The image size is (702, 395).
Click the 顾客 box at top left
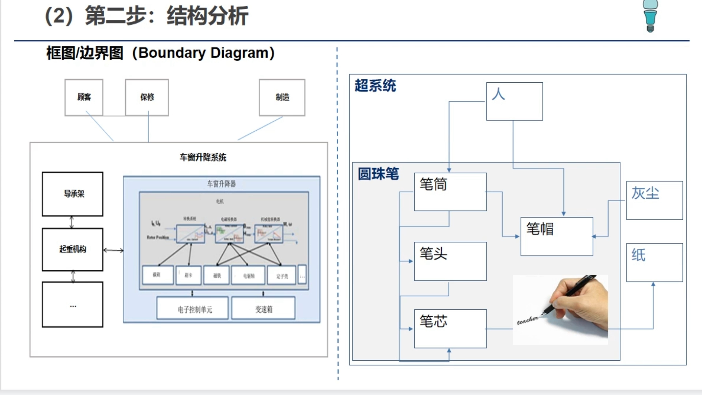[x=84, y=97]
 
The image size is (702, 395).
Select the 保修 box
[x=147, y=97]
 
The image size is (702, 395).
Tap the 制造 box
[x=282, y=97]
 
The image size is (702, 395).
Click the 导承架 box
[x=73, y=194]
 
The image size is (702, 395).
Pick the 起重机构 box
[x=73, y=249]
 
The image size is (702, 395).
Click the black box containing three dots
[x=73, y=305]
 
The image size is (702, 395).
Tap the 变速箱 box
[x=263, y=309]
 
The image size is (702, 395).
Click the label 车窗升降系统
[x=203, y=157]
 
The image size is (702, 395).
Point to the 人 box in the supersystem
[x=514, y=101]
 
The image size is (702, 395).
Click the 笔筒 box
[x=450, y=192]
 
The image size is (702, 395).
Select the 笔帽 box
[x=556, y=236]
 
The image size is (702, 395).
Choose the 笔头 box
[x=450, y=261]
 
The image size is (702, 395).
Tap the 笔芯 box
[x=450, y=328]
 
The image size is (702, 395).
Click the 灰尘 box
[x=654, y=200]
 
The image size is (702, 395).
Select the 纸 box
[x=654, y=262]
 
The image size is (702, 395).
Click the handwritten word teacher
[x=527, y=320]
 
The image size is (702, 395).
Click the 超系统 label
[x=375, y=86]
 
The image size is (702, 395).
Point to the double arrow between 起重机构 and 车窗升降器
[x=113, y=251]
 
